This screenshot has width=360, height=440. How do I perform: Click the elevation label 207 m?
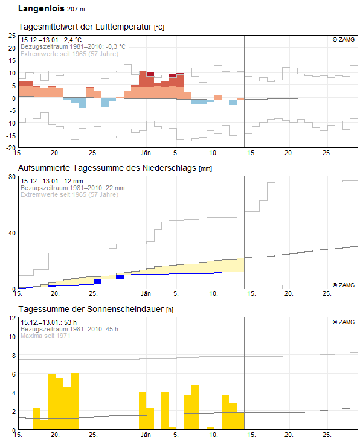(x=76, y=10)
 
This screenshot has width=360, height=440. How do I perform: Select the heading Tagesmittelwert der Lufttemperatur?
(x=85, y=27)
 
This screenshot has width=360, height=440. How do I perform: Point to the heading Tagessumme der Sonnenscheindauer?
(x=91, y=309)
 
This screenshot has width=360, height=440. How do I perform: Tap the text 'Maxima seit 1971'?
(x=46, y=336)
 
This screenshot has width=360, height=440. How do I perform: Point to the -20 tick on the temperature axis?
(x=10, y=147)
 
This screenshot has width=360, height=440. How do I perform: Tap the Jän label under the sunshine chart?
(x=146, y=435)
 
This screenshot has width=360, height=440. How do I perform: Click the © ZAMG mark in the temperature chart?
(x=344, y=40)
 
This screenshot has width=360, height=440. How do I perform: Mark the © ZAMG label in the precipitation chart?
(x=344, y=285)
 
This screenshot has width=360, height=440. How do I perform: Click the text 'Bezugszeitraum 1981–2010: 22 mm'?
(x=72, y=188)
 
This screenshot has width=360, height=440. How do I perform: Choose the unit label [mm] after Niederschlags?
(x=206, y=168)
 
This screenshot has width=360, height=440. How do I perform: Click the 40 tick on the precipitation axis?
(x=11, y=233)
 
